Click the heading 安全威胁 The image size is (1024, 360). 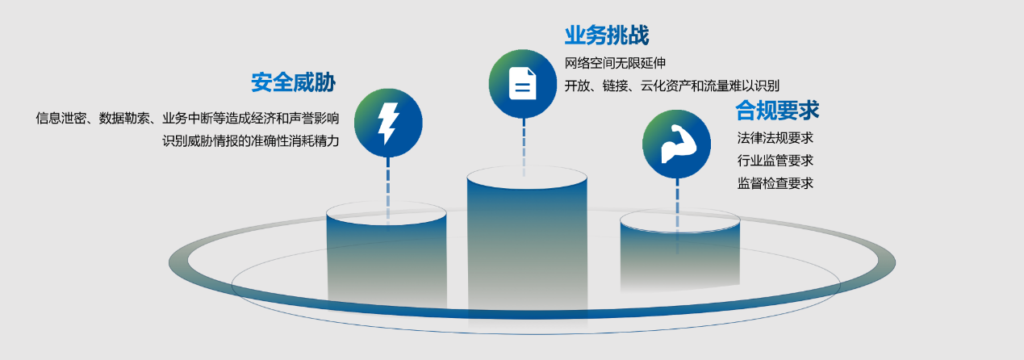tap(293, 82)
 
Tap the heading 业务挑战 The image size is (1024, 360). tap(606, 36)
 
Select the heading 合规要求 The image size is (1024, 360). tap(777, 110)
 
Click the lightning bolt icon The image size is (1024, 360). tap(388, 123)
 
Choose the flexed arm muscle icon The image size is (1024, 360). tap(676, 144)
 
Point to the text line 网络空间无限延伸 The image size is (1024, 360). tap(614, 63)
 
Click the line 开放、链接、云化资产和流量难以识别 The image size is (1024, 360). tap(671, 86)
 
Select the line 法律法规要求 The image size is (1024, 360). tap(775, 137)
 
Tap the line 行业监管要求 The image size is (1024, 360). tap(775, 161)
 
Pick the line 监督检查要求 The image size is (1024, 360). tap(775, 183)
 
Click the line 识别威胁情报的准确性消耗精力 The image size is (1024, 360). tap(251, 140)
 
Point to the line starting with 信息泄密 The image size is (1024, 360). tap(187, 118)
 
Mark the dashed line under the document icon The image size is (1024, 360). tap(524, 145)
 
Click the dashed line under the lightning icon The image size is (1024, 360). tap(388, 182)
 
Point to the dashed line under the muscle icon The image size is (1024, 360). tap(677, 202)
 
